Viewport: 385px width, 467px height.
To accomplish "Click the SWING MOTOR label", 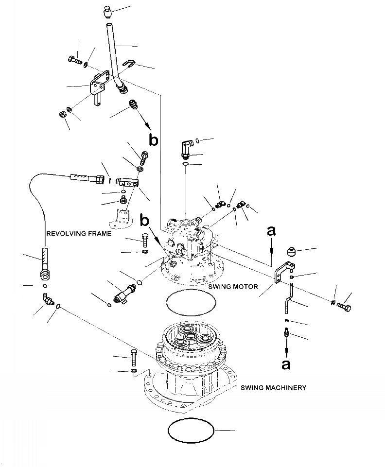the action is click(x=233, y=287).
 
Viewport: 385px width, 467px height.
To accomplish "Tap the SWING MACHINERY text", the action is click(x=273, y=387).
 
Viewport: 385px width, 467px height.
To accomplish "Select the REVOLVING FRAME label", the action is click(x=79, y=233).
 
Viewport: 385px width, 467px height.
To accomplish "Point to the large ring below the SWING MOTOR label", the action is click(x=191, y=302).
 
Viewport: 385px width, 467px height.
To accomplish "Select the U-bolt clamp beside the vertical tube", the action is click(x=129, y=63).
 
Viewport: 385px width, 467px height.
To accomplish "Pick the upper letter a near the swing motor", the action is click(x=271, y=231).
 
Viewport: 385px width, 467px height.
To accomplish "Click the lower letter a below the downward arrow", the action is click(x=286, y=364).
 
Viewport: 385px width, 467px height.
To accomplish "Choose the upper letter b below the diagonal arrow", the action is click(x=153, y=139).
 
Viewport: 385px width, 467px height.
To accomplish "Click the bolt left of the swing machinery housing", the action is click(x=133, y=358).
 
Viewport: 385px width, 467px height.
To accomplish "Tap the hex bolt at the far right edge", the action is click(x=344, y=307).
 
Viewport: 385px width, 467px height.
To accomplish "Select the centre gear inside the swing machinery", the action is click(x=190, y=337).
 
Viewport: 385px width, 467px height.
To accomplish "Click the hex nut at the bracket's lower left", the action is click(x=62, y=114).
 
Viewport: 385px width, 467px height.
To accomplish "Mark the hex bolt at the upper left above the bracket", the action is click(x=75, y=60).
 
